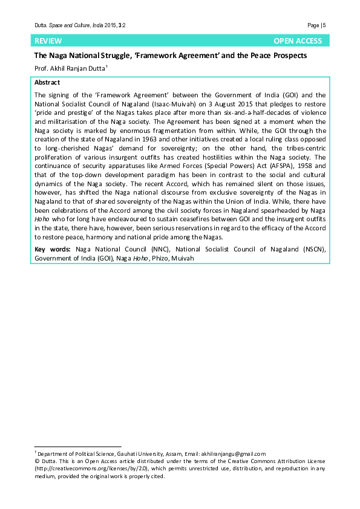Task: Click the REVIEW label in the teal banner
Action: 48,41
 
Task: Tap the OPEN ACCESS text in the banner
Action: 298,41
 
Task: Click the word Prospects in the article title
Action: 288,56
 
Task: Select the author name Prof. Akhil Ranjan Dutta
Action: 70,69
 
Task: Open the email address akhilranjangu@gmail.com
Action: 233,453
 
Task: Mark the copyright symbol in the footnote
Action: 36,461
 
